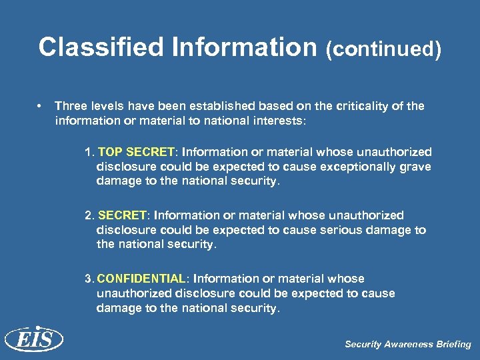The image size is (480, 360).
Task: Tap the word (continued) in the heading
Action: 383,49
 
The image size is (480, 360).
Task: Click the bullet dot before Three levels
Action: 41,106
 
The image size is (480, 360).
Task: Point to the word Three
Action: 69,106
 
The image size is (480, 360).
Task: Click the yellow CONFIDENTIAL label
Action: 141,279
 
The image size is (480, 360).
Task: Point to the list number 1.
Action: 88,152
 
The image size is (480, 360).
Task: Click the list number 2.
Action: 88,215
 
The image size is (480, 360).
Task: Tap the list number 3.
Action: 88,279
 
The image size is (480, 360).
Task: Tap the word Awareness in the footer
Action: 407,345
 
